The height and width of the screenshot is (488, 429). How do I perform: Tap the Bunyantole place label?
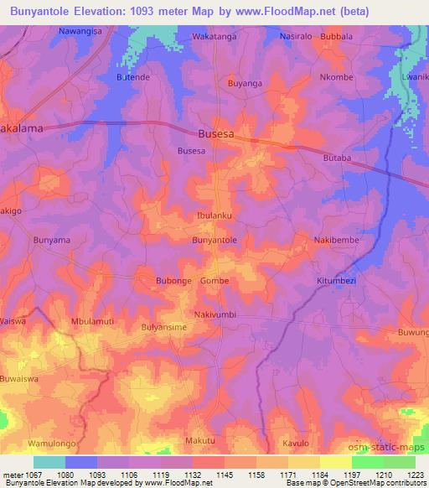click(x=214, y=241)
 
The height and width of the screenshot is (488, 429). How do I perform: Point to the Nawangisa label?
click(x=81, y=31)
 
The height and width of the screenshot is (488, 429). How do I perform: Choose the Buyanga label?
click(x=246, y=84)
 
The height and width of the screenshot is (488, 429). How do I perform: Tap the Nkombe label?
click(x=337, y=77)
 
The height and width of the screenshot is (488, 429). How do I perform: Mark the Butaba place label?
click(x=339, y=158)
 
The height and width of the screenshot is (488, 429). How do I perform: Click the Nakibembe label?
click(x=335, y=241)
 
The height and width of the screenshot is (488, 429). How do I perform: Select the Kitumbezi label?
click(x=337, y=281)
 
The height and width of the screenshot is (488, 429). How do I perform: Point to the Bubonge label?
click(x=173, y=281)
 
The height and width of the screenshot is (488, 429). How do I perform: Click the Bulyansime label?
click(x=163, y=328)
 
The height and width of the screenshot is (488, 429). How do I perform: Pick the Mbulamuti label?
click(x=92, y=321)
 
